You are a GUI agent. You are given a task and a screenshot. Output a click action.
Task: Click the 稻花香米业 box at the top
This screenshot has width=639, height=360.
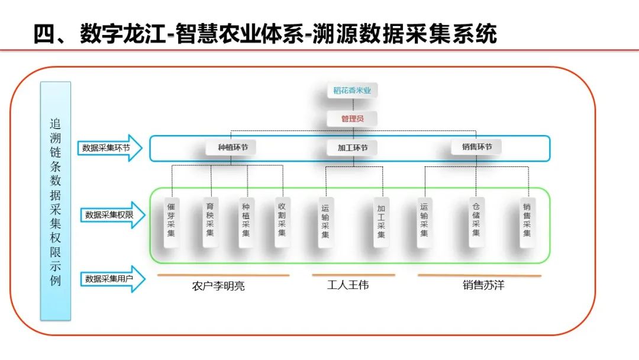pyautogui.click(x=352, y=91)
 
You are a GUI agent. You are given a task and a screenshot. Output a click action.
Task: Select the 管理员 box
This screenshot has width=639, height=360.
pyautogui.click(x=352, y=118)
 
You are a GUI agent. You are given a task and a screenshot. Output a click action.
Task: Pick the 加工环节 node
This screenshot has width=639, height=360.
pyautogui.click(x=353, y=147)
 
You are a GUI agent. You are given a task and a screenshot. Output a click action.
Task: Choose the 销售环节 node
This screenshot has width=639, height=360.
pyautogui.click(x=475, y=147)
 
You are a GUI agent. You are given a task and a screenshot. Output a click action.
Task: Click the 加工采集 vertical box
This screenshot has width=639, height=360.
pyautogui.click(x=381, y=221)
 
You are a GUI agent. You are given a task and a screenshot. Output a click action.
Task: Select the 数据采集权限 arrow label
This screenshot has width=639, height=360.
pyautogui.click(x=111, y=215)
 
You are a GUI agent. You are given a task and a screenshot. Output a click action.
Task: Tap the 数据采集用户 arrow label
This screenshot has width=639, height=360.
pyautogui.click(x=111, y=278)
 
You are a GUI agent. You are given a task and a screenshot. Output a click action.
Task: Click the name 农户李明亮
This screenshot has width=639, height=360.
pyautogui.click(x=218, y=287)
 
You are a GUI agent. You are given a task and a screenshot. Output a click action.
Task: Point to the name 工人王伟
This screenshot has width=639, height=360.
pyautogui.click(x=348, y=285)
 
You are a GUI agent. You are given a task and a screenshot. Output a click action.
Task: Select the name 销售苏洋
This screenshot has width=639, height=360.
pyautogui.click(x=483, y=285)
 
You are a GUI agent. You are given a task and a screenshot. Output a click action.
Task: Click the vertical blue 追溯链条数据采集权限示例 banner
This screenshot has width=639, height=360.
pyautogui.click(x=55, y=201)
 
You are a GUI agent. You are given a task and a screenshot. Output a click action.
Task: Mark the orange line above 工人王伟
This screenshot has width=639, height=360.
pyautogui.click(x=353, y=275)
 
